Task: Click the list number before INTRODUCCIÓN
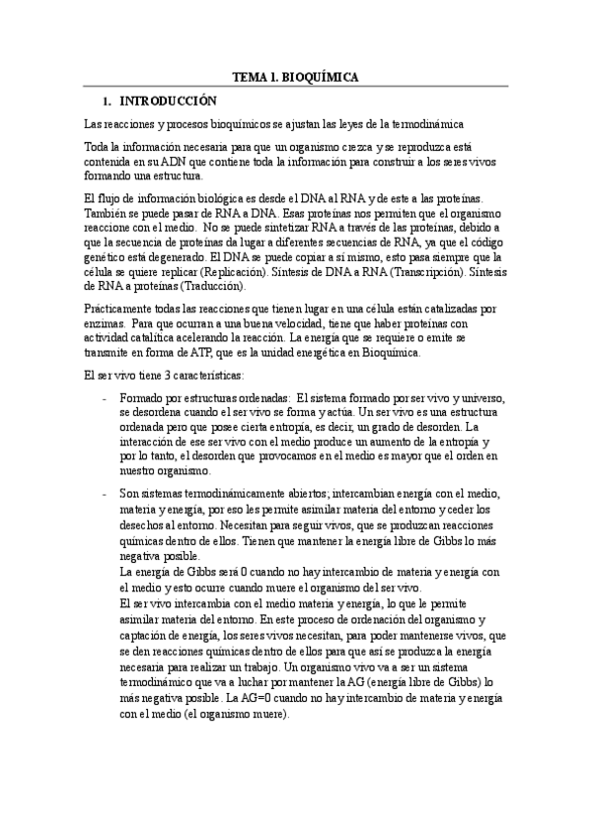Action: pyautogui.click(x=107, y=101)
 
